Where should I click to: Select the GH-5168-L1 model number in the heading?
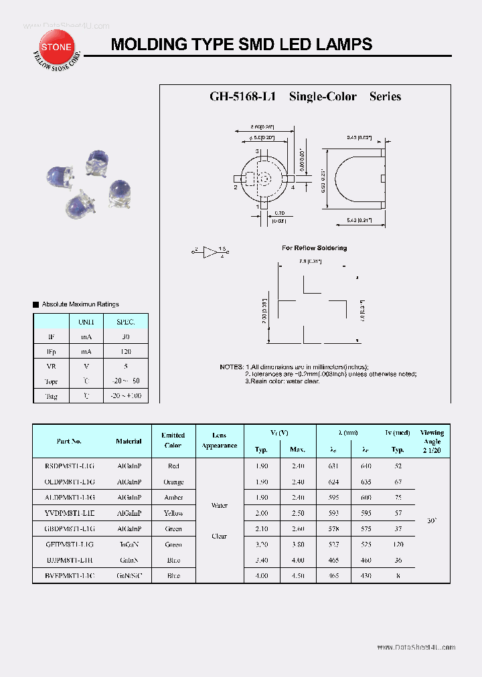(x=243, y=96)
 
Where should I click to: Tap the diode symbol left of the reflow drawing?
(x=211, y=252)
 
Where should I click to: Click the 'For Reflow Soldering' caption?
(x=314, y=248)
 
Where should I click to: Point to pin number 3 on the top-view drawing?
(x=258, y=151)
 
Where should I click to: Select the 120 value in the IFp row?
(x=125, y=351)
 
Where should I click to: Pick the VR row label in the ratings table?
(x=52, y=367)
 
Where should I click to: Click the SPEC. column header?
(x=125, y=322)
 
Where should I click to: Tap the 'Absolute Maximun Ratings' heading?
(x=80, y=304)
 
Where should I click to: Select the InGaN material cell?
(x=129, y=545)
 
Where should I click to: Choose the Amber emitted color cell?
(x=173, y=497)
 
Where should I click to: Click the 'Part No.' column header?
(x=69, y=441)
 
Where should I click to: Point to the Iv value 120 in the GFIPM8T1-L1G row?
(x=398, y=545)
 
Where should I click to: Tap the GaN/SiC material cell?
(x=129, y=576)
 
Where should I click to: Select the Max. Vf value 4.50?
(x=298, y=576)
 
